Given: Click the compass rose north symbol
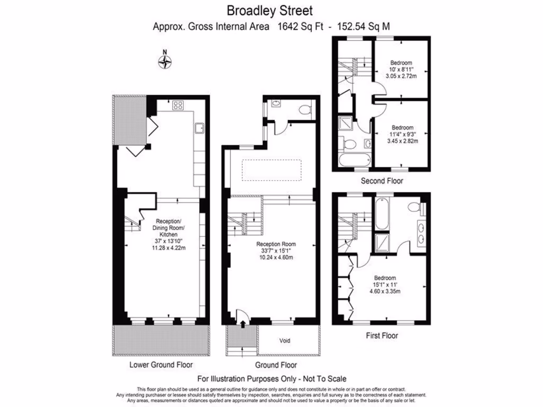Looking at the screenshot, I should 165,61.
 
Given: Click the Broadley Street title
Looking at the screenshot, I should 270,10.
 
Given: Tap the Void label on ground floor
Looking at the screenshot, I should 285,340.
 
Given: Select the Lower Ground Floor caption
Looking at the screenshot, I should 161,365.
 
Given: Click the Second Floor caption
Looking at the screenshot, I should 382,181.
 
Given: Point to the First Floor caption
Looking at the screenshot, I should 382,335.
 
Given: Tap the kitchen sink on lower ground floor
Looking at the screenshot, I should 200,128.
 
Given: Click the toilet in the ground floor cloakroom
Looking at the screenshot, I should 305,110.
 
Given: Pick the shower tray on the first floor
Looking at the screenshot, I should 382,242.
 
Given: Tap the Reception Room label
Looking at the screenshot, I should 276,244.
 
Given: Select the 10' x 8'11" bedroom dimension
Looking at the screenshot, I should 401,69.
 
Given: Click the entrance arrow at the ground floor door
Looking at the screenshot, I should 243,322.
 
